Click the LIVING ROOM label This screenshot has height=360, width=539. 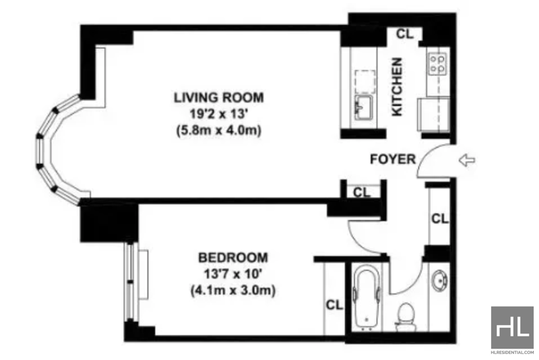(x=218, y=98)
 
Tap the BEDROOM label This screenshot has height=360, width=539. (x=233, y=258)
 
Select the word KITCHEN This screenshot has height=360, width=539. (x=397, y=87)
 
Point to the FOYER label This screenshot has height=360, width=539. (x=393, y=159)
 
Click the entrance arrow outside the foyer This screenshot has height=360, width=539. (x=467, y=160)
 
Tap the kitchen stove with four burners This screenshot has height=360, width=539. (x=438, y=63)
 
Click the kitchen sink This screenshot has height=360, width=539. (x=363, y=107)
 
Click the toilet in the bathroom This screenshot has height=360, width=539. (x=406, y=317)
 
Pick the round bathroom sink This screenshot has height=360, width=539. (x=440, y=281)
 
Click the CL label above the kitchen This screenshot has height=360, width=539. (x=405, y=34)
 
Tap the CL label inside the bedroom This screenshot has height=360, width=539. (x=334, y=305)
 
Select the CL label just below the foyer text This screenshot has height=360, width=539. (x=362, y=192)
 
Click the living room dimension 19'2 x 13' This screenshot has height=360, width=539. (x=219, y=114)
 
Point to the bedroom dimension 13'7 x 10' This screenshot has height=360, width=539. (x=233, y=274)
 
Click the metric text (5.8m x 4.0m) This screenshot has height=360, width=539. (x=219, y=131)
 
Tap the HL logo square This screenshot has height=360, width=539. (x=512, y=328)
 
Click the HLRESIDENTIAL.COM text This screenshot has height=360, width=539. (x=512, y=352)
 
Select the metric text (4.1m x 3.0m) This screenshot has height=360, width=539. (x=233, y=291)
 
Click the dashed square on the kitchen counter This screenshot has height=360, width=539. (x=365, y=82)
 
